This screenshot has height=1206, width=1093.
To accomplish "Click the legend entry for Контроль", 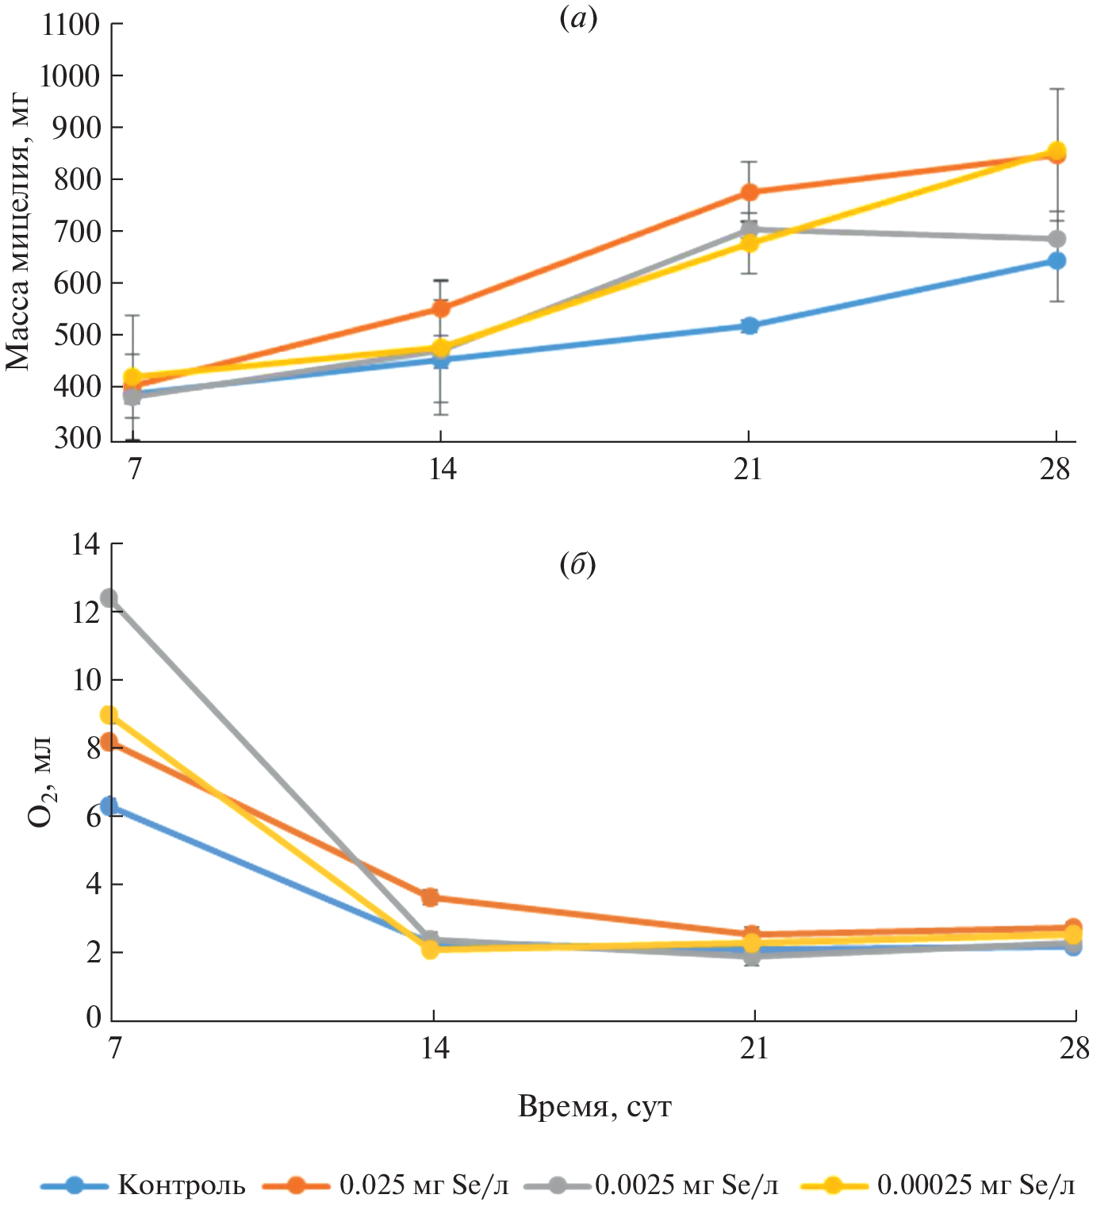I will pyautogui.click(x=181, y=1185).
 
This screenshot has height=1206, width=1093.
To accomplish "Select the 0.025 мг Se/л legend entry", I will pyautogui.click(x=424, y=1185).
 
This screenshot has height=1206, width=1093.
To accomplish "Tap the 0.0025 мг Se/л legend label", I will pyautogui.click(x=686, y=1185).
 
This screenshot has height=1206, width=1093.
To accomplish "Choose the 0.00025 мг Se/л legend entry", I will pyautogui.click(x=976, y=1185).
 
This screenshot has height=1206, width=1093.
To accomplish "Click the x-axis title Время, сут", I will pyautogui.click(x=594, y=1105).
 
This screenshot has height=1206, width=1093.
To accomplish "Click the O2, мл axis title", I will pyautogui.click(x=40, y=782).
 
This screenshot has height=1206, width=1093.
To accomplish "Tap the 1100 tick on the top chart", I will pyautogui.click(x=71, y=25).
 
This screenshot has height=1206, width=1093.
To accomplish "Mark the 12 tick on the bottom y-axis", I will pyautogui.click(x=86, y=612).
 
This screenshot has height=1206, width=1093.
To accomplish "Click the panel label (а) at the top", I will pyautogui.click(x=577, y=18).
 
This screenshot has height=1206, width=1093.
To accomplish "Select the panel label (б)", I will pyautogui.click(x=577, y=565).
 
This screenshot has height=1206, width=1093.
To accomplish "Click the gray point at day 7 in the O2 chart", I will pyautogui.click(x=109, y=597).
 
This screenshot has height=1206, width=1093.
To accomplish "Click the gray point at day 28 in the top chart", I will pyautogui.click(x=1057, y=239).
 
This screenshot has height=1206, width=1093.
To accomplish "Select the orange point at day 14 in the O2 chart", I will pyautogui.click(x=430, y=897).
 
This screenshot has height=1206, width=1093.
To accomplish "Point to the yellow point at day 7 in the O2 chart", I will pyautogui.click(x=109, y=715).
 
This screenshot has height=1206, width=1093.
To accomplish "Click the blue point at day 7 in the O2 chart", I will pyautogui.click(x=109, y=807).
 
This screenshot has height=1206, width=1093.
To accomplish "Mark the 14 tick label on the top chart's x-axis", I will pyautogui.click(x=442, y=469).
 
